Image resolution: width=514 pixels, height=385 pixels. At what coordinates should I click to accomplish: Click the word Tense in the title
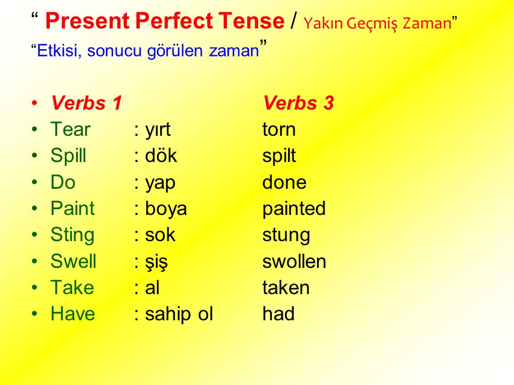252,21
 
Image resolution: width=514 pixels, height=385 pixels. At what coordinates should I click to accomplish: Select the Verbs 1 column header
87,103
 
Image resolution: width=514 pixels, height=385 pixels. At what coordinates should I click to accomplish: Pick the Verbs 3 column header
298,103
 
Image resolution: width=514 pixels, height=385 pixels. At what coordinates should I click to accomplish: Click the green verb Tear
70,129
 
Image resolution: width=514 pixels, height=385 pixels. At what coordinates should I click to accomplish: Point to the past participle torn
279,129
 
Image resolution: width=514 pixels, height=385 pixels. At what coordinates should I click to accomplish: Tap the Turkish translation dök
161,156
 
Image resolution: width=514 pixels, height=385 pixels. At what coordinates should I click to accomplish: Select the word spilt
279,156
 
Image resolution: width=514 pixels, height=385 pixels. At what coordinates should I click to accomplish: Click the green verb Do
63,182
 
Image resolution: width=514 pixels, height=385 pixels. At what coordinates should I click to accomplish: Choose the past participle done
284,182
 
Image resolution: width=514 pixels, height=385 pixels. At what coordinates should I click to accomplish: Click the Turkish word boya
166,209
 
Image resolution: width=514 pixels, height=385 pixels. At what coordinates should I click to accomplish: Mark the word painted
294,209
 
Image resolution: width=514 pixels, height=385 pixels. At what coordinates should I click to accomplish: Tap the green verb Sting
72,235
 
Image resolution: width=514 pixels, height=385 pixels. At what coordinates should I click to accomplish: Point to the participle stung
286,236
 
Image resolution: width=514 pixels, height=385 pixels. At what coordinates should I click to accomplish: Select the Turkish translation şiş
156,262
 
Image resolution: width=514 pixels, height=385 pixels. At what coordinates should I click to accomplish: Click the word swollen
294,261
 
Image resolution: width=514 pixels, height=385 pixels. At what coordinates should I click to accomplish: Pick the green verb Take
72,288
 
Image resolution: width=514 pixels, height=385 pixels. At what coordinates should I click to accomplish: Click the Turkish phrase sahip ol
179,314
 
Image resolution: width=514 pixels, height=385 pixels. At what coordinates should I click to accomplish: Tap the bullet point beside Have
35,314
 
